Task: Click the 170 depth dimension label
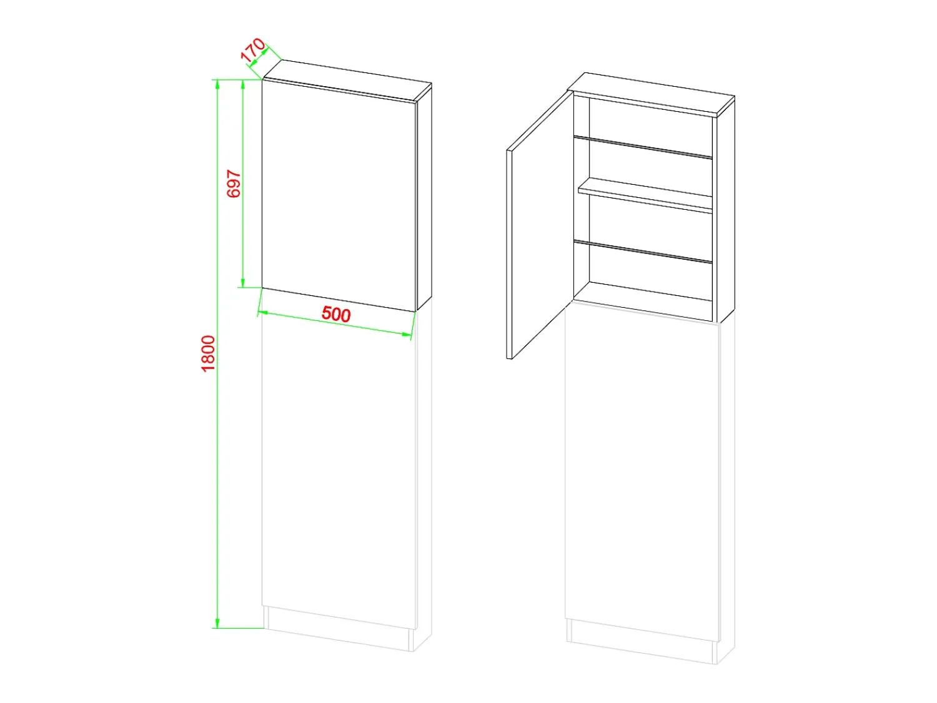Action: click(x=253, y=49)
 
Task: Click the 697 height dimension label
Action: click(x=234, y=184)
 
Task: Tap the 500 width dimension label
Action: click(x=336, y=314)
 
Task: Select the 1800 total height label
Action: click(x=208, y=353)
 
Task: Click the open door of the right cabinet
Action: click(x=540, y=225)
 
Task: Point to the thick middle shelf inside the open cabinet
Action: click(x=645, y=195)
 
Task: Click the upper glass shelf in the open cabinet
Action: click(x=643, y=147)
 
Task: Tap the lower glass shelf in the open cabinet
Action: click(x=643, y=252)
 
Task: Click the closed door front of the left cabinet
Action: click(x=339, y=195)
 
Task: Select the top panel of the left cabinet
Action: click(x=347, y=81)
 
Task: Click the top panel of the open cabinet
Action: click(x=651, y=94)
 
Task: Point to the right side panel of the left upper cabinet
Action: click(x=424, y=197)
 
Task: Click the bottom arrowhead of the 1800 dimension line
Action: click(x=217, y=623)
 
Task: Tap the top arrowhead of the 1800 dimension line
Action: click(x=217, y=85)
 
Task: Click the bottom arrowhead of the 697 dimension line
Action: click(x=243, y=282)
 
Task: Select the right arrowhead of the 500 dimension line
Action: click(x=407, y=335)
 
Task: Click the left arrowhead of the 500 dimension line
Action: click(x=264, y=313)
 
